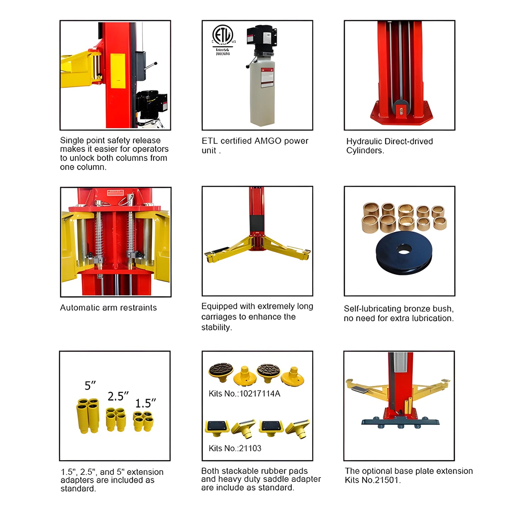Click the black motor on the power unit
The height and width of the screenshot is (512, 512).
point(263,35)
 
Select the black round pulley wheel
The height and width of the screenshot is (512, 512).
point(404,252)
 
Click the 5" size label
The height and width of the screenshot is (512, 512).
point(90,386)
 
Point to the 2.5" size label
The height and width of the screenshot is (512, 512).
point(118,396)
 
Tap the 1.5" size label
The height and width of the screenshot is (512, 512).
point(145,403)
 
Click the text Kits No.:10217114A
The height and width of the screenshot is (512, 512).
point(244,394)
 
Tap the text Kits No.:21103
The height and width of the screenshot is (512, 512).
point(235,448)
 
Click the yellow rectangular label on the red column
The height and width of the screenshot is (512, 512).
point(118,71)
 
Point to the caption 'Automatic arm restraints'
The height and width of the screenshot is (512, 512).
point(108,308)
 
